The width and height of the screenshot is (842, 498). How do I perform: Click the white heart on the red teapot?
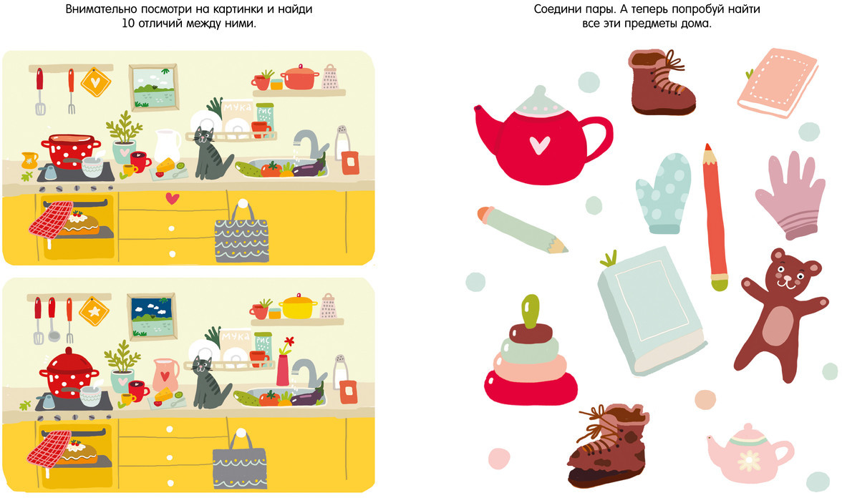click(539, 145)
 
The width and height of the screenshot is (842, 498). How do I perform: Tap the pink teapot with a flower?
click(750, 453)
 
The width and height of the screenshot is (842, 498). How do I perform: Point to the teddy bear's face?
click(786, 274)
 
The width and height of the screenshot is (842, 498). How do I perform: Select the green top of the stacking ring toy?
click(531, 311)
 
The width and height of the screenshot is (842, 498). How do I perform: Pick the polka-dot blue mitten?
click(664, 192)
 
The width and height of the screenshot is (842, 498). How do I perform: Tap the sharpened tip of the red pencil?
click(707, 147)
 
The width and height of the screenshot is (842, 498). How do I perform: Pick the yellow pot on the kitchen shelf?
click(299, 306)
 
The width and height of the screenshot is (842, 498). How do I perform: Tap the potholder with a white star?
click(94, 312)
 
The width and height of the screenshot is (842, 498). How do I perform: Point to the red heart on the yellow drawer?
click(172, 198)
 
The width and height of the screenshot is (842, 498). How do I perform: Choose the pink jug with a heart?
click(165, 374)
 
